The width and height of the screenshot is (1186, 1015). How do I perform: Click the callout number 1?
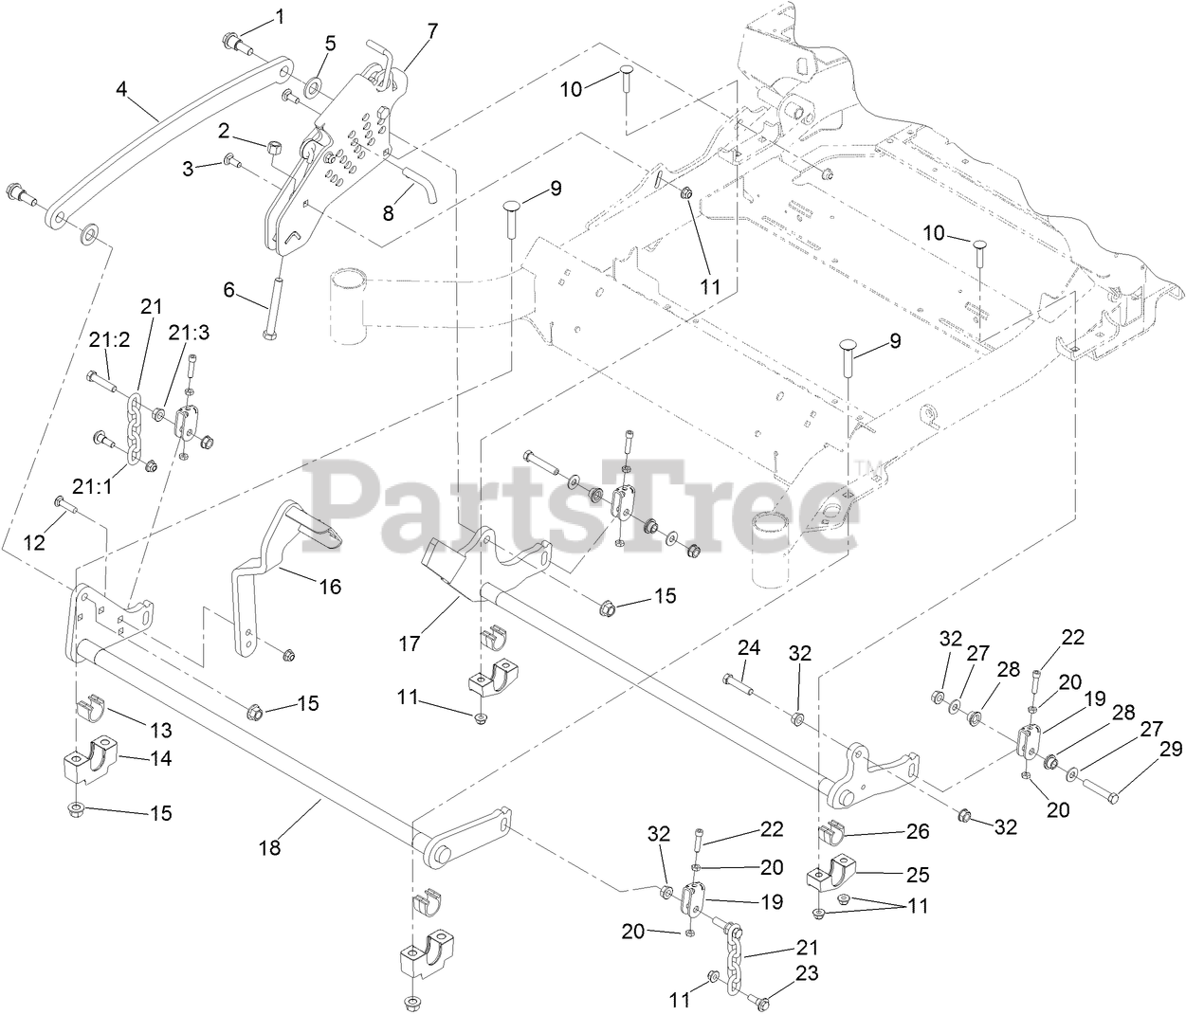280,15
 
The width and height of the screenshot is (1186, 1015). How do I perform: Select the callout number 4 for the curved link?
121,90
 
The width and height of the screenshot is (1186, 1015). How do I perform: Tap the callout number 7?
432,30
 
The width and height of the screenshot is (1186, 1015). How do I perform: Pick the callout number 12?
34,542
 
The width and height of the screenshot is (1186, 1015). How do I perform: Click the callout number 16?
330,587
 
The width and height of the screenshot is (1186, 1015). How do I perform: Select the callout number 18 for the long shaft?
270,847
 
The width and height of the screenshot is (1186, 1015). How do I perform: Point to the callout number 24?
750,648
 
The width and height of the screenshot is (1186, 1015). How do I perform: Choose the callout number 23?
807,973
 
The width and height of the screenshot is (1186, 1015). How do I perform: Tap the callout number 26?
919,831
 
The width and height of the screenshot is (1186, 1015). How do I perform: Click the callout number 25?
918,874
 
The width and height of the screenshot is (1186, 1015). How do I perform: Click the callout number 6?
228,289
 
